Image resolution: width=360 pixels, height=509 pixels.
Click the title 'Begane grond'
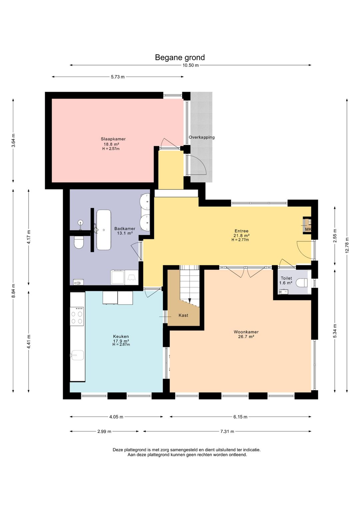[x=180, y=57]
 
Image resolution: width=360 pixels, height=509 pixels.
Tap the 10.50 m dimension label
[x=190, y=65]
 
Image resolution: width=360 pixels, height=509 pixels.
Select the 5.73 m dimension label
[x=118, y=77]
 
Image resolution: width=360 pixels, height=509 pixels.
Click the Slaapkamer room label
[x=113, y=139]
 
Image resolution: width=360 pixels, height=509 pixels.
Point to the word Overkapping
[x=201, y=137]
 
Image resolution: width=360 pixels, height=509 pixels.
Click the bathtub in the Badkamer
[x=104, y=230]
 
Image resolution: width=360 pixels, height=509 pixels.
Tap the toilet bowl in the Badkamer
[x=79, y=242]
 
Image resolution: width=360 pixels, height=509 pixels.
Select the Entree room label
[x=241, y=231]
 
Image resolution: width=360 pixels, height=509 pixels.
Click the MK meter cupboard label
[x=308, y=229]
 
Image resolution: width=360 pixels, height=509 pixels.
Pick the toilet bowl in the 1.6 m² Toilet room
[x=302, y=283]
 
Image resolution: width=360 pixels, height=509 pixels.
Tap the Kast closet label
[x=183, y=316]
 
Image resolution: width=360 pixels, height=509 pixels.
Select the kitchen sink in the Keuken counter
[x=77, y=355]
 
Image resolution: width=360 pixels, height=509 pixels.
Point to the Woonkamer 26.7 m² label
[x=246, y=334]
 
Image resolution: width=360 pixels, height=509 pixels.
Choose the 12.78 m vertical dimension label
[x=347, y=246]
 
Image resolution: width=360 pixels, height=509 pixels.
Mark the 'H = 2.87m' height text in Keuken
[x=121, y=345]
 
